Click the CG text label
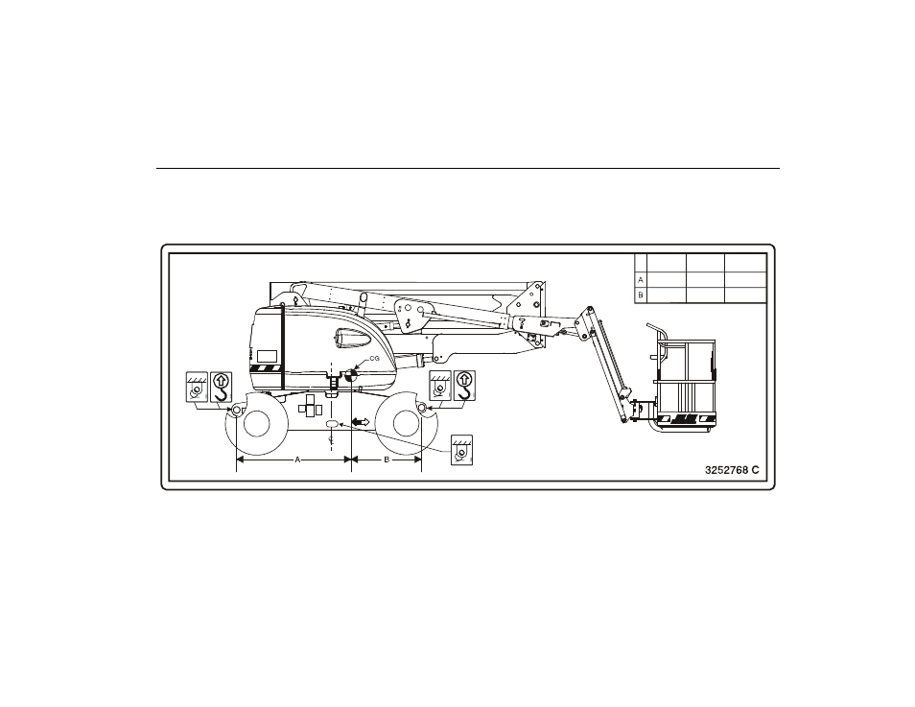(x=375, y=359)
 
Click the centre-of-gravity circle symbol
(x=351, y=376)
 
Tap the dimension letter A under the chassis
(x=297, y=460)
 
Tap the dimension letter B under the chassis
(x=387, y=460)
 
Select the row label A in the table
(x=641, y=280)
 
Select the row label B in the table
(x=641, y=295)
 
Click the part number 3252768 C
(x=732, y=470)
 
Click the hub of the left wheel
(x=256, y=424)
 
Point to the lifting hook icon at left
(x=221, y=387)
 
